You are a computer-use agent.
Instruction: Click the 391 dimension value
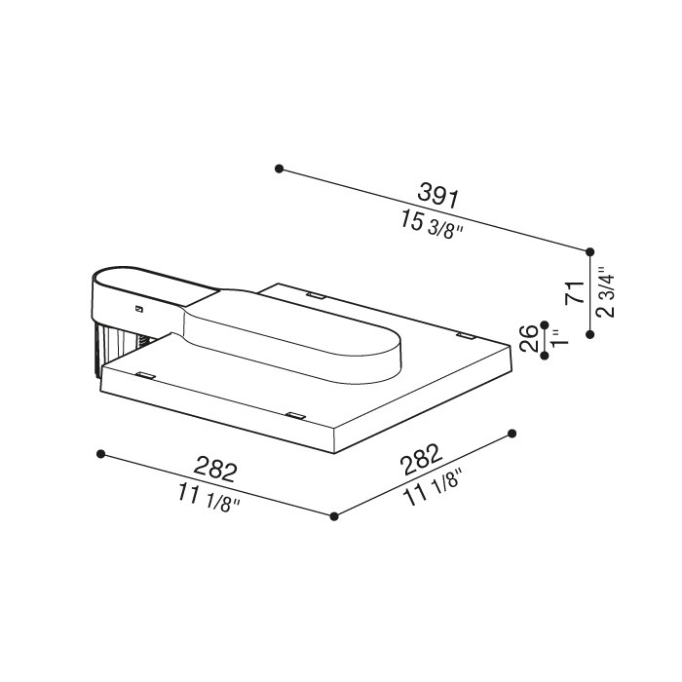[x=437, y=195]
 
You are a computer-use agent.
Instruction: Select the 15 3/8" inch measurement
[x=432, y=224]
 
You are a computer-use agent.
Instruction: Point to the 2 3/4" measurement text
[x=606, y=292]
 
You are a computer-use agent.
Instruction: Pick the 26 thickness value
[x=529, y=338]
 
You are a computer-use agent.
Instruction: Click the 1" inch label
[x=559, y=337]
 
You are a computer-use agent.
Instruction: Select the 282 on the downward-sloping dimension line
[x=216, y=468]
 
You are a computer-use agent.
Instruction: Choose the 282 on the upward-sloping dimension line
[x=422, y=459]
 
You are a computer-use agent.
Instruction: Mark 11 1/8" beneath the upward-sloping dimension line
[x=432, y=488]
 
